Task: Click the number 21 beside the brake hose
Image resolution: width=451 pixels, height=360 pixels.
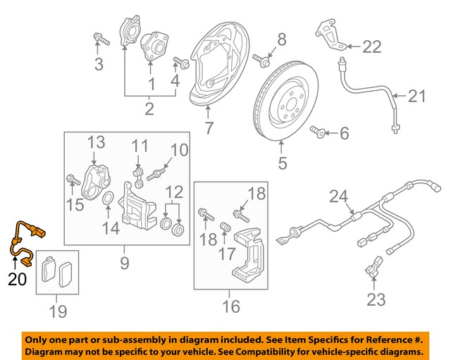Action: coord(417,96)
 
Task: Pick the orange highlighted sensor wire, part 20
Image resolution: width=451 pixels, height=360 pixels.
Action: coord(24,240)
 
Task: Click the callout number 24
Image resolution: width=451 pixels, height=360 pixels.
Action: coord(340,197)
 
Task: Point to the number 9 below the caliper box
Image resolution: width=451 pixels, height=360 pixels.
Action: coord(124,264)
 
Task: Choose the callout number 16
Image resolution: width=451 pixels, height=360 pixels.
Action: coord(231,306)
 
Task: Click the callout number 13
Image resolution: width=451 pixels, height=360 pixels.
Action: coord(96,144)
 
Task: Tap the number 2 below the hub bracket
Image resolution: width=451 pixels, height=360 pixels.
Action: coord(149,108)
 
